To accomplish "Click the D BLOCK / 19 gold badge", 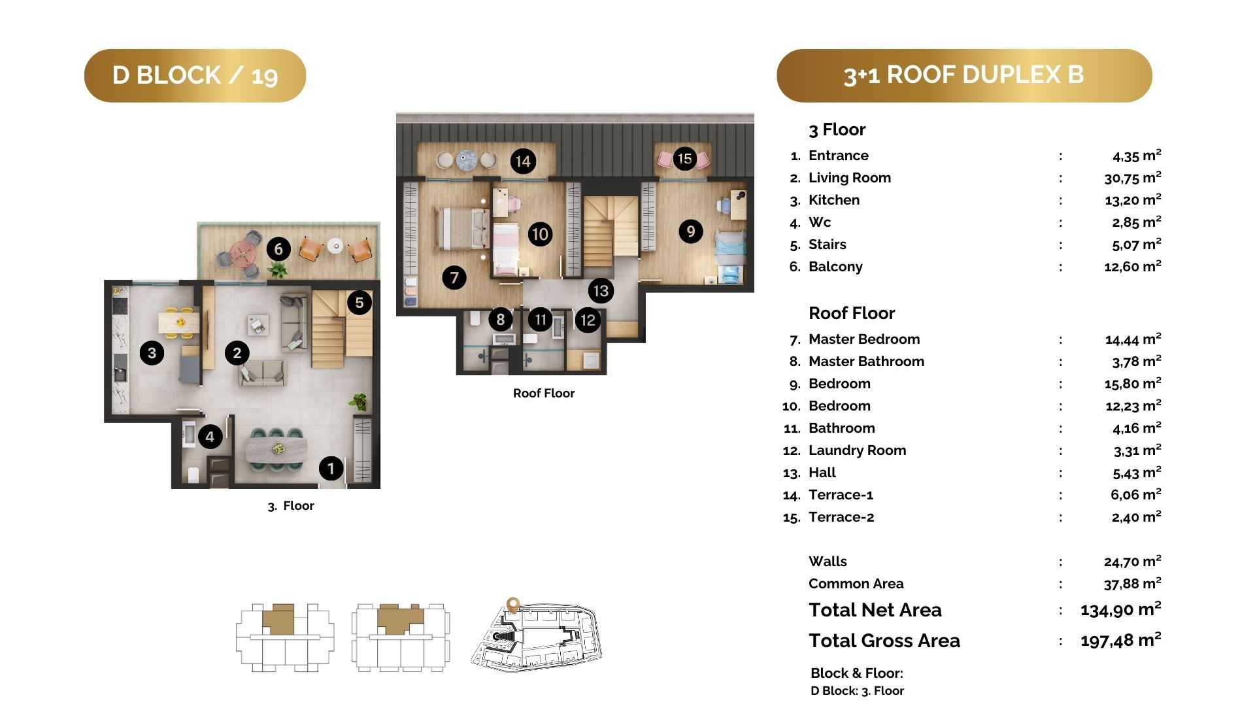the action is point(195,75).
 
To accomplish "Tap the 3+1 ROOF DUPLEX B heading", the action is point(964,75).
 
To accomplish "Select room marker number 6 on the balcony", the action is point(278,249).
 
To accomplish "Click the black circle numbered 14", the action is point(523,161).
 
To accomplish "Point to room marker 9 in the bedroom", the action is point(691,231).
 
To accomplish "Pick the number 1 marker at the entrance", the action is point(331,468).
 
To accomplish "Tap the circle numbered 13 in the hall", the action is point(601,291).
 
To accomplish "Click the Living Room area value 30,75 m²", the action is point(1133,178).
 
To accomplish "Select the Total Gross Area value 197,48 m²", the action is point(1121,640).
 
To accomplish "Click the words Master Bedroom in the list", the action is point(864,339).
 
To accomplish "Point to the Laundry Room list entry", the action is point(858,450).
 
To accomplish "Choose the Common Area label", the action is point(856,584).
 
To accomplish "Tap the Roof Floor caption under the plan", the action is point(544,394).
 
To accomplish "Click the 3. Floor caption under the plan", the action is point(291,506).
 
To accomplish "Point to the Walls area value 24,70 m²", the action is point(1133,562).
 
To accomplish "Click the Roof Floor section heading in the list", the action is point(852,313).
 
